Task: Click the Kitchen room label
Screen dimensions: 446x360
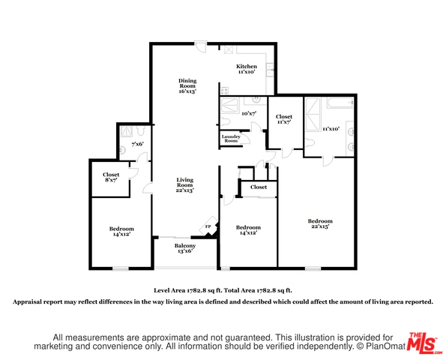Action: (x=247, y=69)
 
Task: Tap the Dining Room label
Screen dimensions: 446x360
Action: (x=187, y=86)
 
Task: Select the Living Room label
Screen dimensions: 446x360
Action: (x=185, y=185)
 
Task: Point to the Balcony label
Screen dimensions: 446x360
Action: (x=185, y=248)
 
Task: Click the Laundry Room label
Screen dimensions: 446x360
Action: (x=231, y=139)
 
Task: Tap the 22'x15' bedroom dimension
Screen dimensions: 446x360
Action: (x=320, y=226)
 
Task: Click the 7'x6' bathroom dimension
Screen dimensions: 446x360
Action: (x=137, y=144)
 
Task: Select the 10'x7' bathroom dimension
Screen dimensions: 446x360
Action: (x=249, y=113)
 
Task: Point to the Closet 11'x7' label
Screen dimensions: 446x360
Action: (x=284, y=119)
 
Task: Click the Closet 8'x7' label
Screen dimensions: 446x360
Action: (x=111, y=177)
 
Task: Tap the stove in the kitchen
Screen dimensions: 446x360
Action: (x=224, y=91)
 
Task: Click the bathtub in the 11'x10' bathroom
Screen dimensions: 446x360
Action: (x=340, y=103)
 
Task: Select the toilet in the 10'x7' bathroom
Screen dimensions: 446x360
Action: (x=225, y=121)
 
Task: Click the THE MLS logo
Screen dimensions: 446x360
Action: (x=424, y=343)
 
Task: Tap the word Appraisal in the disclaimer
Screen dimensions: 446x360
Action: (x=27, y=301)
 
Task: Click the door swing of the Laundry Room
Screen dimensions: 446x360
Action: (x=246, y=139)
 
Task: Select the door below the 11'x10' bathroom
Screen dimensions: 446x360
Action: (x=328, y=161)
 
